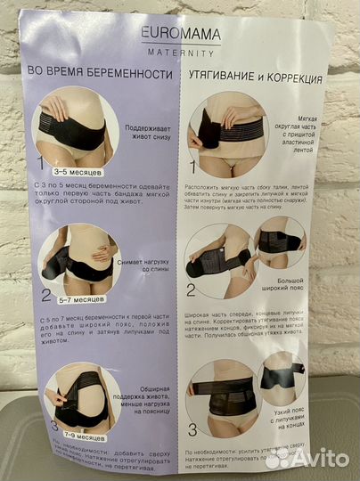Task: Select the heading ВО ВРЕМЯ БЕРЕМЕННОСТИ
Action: pyautogui.click(x=99, y=76)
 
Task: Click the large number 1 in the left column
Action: pyautogui.click(x=39, y=162)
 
